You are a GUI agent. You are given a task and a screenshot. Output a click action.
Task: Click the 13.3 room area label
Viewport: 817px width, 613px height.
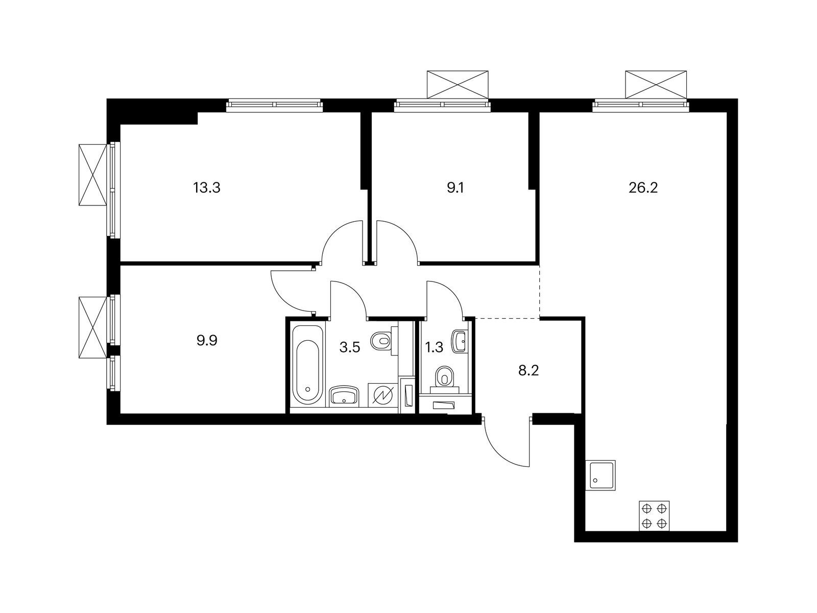click(x=206, y=188)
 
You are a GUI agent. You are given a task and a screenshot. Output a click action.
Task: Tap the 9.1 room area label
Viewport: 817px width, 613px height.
click(x=455, y=188)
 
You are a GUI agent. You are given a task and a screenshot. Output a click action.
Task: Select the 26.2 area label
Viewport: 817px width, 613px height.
click(x=643, y=188)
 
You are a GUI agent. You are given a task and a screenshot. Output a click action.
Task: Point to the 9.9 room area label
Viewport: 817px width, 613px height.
click(x=207, y=341)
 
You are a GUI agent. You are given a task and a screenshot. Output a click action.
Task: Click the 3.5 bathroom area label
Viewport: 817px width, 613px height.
click(x=350, y=348)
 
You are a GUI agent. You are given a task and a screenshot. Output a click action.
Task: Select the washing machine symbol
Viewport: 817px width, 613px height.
click(x=382, y=395)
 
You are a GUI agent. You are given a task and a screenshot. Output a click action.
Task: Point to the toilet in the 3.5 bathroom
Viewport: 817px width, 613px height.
click(x=382, y=340)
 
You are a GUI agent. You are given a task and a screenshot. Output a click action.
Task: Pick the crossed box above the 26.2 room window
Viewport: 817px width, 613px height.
click(x=656, y=84)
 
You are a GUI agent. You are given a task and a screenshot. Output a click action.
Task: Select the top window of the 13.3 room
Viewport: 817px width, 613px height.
click(x=275, y=105)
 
